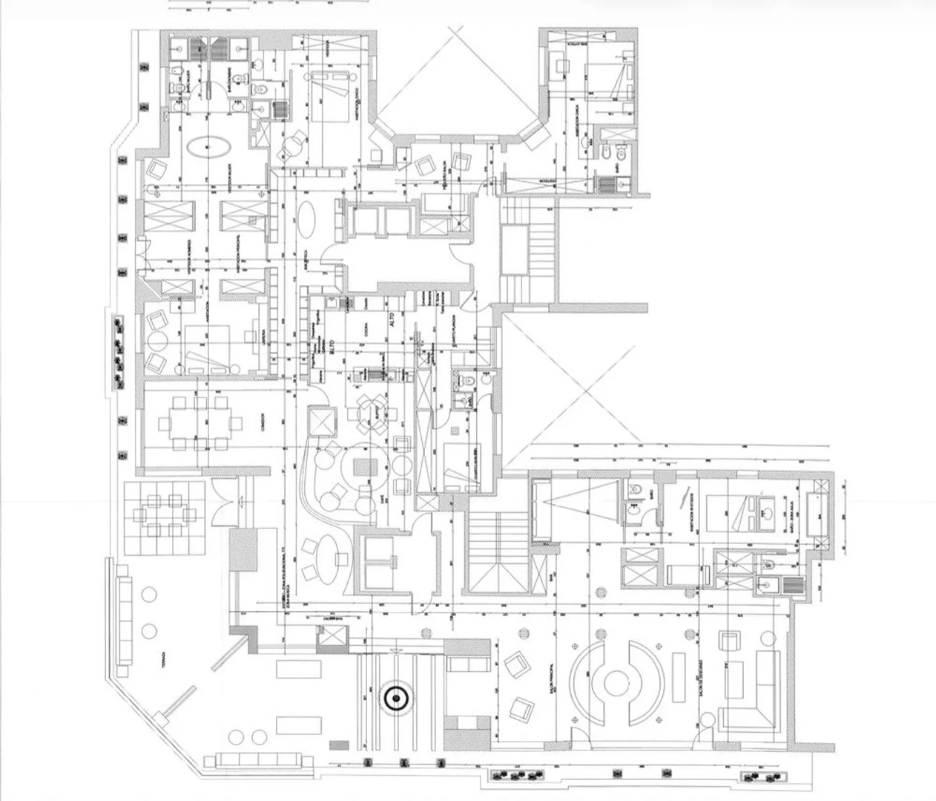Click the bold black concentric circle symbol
396,697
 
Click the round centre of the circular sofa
616,681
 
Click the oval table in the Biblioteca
308,220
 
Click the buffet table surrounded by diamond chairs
369,409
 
